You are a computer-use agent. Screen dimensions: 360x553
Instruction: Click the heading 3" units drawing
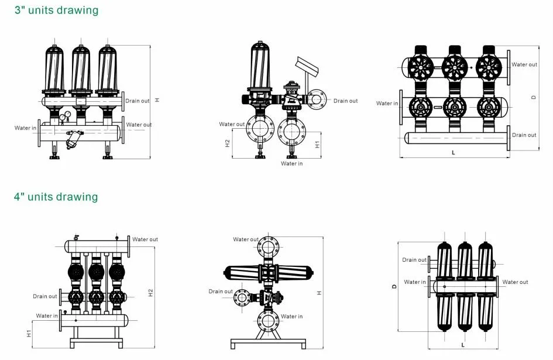point(56,11)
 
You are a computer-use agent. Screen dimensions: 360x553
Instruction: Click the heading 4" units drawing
point(56,197)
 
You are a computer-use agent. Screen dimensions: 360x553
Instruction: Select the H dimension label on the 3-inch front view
point(157,101)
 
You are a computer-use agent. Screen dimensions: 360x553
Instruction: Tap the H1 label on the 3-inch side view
point(317,143)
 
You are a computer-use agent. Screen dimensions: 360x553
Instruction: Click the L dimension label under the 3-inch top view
point(454,152)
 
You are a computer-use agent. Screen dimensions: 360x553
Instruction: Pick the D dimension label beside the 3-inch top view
point(533,97)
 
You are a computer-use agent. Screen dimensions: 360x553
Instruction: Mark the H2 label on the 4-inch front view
point(150,292)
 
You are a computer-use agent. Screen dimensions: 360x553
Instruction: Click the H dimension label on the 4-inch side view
point(319,292)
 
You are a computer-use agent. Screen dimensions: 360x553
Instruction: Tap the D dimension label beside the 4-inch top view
point(394,286)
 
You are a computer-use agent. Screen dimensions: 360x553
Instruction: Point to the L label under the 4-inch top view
point(463,345)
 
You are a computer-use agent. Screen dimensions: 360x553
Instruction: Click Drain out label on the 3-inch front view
point(138,101)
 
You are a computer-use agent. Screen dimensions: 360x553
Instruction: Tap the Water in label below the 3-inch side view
point(292,164)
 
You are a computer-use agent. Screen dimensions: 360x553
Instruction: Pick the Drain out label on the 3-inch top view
point(524,135)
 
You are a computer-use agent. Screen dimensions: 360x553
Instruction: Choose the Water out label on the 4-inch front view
point(145,239)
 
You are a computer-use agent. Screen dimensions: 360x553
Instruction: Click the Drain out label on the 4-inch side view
point(221,292)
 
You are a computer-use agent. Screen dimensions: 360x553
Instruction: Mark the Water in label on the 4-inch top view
point(415,282)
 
